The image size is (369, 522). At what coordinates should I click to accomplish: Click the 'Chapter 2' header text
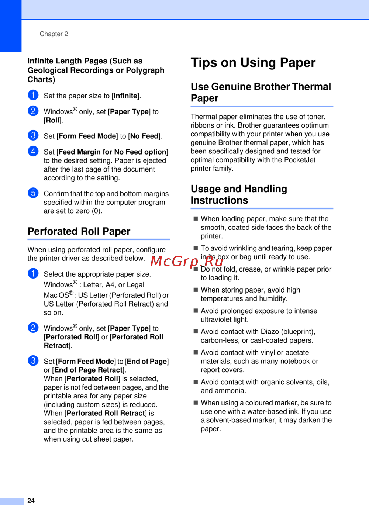click(x=54, y=34)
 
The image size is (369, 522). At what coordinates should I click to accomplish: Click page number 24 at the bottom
click(x=31, y=501)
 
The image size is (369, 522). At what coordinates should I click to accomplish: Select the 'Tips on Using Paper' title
click(x=253, y=63)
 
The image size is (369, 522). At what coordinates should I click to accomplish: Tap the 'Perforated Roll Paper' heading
click(x=79, y=231)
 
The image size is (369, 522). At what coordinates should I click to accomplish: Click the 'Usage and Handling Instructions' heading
click(x=239, y=194)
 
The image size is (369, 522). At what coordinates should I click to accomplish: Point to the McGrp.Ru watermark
click(x=187, y=261)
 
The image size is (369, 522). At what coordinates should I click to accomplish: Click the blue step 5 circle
click(x=33, y=193)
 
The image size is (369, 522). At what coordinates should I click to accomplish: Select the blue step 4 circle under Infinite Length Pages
click(x=33, y=151)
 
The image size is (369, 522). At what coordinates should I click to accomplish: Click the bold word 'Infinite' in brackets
click(x=125, y=96)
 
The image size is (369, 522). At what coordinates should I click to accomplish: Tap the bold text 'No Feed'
click(x=144, y=136)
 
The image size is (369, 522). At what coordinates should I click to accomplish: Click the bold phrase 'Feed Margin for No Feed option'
click(x=113, y=152)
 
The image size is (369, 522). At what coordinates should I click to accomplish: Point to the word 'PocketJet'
click(x=300, y=160)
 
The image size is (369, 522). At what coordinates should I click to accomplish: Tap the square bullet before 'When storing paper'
click(x=196, y=290)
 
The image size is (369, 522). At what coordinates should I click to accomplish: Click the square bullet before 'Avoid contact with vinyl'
click(x=196, y=352)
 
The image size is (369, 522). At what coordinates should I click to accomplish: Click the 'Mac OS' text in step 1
click(x=56, y=295)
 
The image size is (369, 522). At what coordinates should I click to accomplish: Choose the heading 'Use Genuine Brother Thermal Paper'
click(x=261, y=92)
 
